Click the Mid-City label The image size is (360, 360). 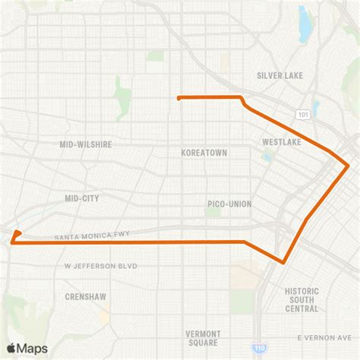coord(82,197)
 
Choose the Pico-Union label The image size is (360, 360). coord(229,204)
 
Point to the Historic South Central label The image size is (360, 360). coord(302,299)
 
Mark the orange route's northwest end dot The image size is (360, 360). coord(178,98)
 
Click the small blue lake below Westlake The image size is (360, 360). coord(267,158)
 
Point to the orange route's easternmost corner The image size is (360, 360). coord(348,164)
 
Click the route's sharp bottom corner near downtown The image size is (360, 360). coord(283,263)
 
